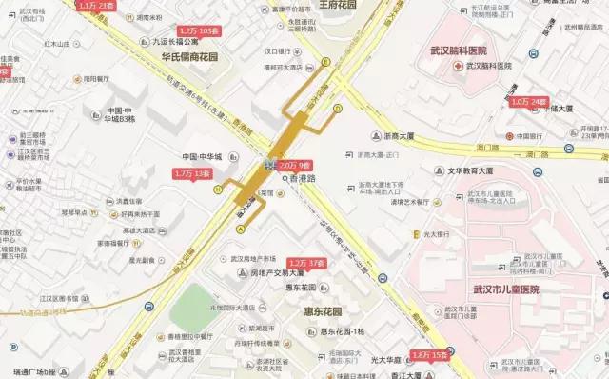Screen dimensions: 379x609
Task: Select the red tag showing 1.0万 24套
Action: point(530,101)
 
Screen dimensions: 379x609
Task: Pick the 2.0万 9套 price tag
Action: point(295,165)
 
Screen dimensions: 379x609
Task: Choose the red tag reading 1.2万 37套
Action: point(306,262)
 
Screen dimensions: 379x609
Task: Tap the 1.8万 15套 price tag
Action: point(430,354)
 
